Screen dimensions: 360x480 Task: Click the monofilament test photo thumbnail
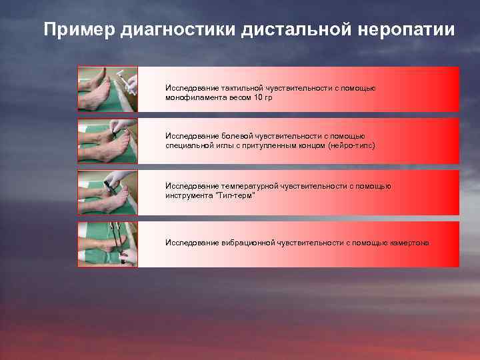click(x=107, y=89)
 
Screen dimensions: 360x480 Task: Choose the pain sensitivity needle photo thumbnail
click(x=107, y=141)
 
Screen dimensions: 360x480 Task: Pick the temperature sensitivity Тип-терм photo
click(x=107, y=193)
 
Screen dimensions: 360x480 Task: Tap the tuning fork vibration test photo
click(x=107, y=244)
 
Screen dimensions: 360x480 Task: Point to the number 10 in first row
click(x=260, y=97)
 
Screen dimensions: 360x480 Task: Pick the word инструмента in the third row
click(x=188, y=196)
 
